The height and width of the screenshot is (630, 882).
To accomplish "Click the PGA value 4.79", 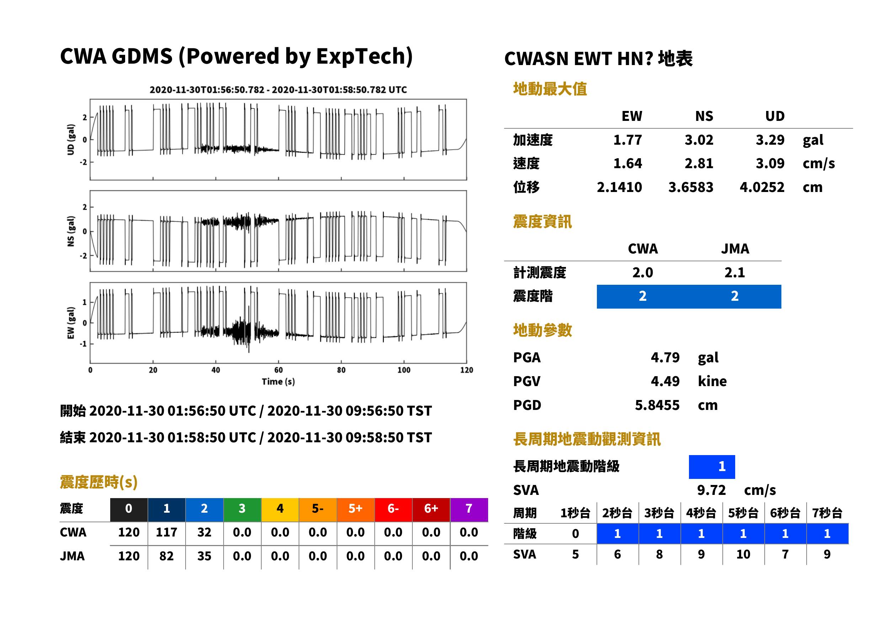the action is tap(665, 357).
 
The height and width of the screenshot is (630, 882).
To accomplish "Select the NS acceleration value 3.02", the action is tap(699, 140).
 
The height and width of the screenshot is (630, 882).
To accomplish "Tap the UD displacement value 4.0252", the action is tap(762, 187).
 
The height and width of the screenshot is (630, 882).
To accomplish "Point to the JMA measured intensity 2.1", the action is tap(734, 272).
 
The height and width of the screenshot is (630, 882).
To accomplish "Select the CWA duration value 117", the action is tap(166, 532).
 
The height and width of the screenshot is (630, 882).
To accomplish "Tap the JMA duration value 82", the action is tap(166, 556).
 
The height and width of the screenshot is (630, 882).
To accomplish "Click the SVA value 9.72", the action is tap(711, 490).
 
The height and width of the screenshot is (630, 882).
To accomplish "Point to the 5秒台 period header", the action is tap(743, 513).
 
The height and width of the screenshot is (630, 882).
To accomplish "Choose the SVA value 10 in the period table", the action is tap(743, 554).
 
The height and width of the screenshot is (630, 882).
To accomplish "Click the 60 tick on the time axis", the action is tap(278, 370).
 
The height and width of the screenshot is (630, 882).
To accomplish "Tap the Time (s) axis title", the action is tap(278, 382).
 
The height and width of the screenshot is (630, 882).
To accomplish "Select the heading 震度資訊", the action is tap(542, 221).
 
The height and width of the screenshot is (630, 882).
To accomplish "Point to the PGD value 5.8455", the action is tap(657, 405).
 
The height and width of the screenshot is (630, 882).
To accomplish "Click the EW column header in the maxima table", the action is tap(632, 116).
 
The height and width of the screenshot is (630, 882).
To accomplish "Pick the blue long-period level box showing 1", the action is tap(712, 467).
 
